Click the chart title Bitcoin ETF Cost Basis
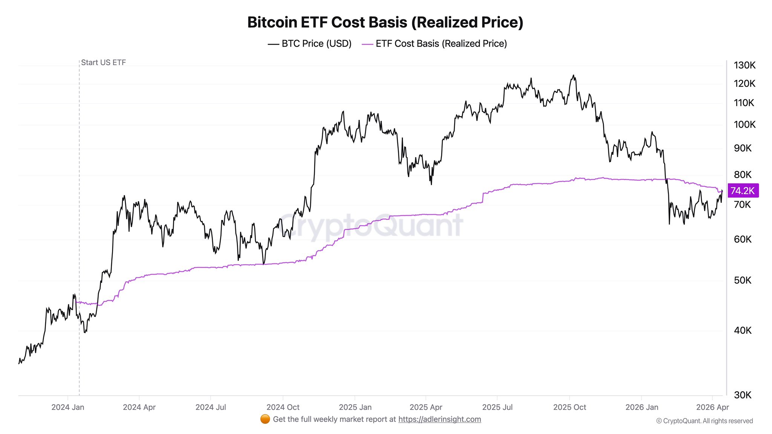click(385, 22)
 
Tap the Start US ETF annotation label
click(103, 63)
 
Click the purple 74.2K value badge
click(743, 191)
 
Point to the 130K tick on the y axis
click(744, 65)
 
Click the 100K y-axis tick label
click(744, 124)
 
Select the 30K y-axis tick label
click(743, 395)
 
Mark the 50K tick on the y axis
click(743, 280)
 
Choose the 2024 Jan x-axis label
click(68, 407)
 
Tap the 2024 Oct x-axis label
click(283, 407)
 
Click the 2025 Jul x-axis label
click(497, 407)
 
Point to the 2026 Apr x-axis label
click(712, 407)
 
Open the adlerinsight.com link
click(440, 419)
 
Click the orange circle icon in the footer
click(265, 419)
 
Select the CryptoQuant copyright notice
click(705, 421)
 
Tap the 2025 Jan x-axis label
click(355, 407)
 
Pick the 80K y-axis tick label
click(743, 174)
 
